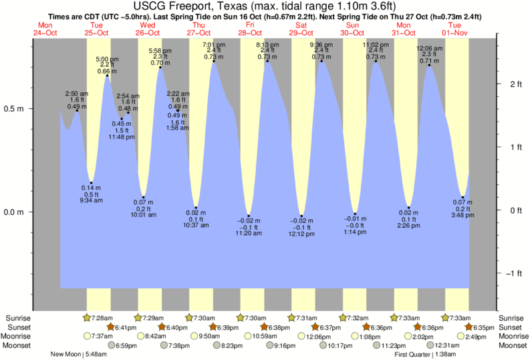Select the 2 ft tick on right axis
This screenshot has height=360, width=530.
(x=515, y=83)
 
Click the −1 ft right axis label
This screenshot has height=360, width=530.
(x=513, y=273)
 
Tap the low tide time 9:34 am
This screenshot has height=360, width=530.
(x=92, y=200)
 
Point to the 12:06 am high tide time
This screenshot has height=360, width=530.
(x=429, y=49)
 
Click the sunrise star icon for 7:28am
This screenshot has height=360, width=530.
(x=86, y=318)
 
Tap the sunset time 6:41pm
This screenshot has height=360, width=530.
(x=125, y=327)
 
